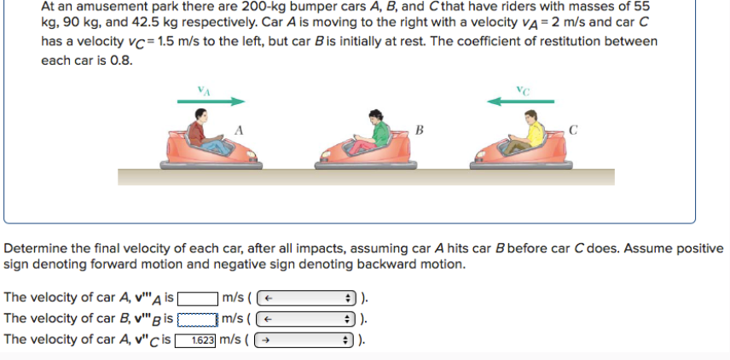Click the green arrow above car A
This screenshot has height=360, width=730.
tap(211, 101)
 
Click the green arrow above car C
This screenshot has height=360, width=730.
tap(520, 101)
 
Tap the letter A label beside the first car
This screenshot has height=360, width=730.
tap(240, 131)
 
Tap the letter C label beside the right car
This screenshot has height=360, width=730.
tap(573, 131)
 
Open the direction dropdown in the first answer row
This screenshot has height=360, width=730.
tap(306, 299)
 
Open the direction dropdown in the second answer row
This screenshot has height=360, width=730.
tap(306, 319)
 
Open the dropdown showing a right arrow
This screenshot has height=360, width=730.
tap(306, 340)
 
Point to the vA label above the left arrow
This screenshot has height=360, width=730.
tap(203, 86)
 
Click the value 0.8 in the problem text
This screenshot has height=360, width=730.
tap(121, 61)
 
